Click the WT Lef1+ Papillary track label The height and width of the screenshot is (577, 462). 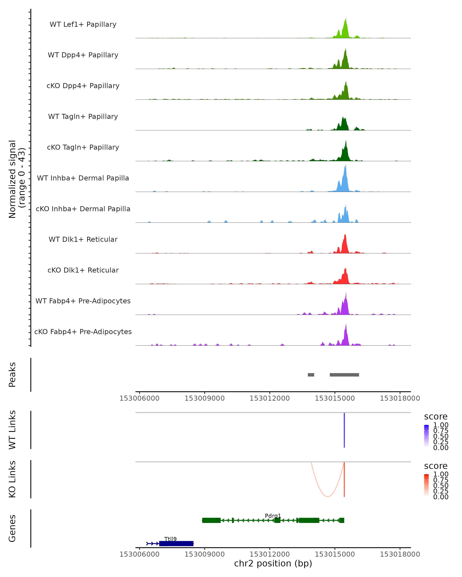[x=83, y=24]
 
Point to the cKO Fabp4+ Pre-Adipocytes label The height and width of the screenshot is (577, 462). [x=83, y=332]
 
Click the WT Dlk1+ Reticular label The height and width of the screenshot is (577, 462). [x=83, y=239]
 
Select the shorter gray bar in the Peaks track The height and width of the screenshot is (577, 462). [x=311, y=375]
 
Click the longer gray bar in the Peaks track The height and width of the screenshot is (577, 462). [x=344, y=375]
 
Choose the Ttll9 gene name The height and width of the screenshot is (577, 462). [x=170, y=539]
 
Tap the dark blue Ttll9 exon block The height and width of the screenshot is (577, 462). [x=176, y=543]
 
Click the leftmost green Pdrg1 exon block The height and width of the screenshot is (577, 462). [x=211, y=520]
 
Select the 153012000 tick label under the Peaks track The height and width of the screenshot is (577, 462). [x=270, y=398]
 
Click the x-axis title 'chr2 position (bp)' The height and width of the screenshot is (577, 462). [x=273, y=563]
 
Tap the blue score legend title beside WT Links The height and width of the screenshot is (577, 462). [x=436, y=417]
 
